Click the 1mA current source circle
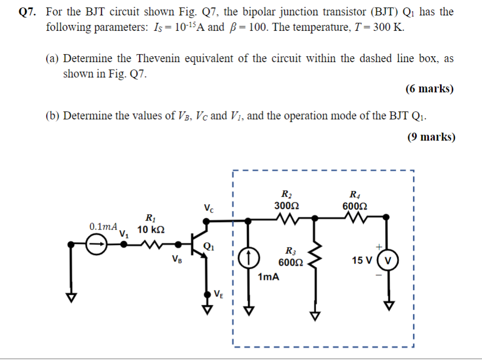click(249, 258)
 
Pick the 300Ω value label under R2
click(286, 205)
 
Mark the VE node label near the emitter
click(219, 294)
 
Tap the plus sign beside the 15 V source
click(379, 247)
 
